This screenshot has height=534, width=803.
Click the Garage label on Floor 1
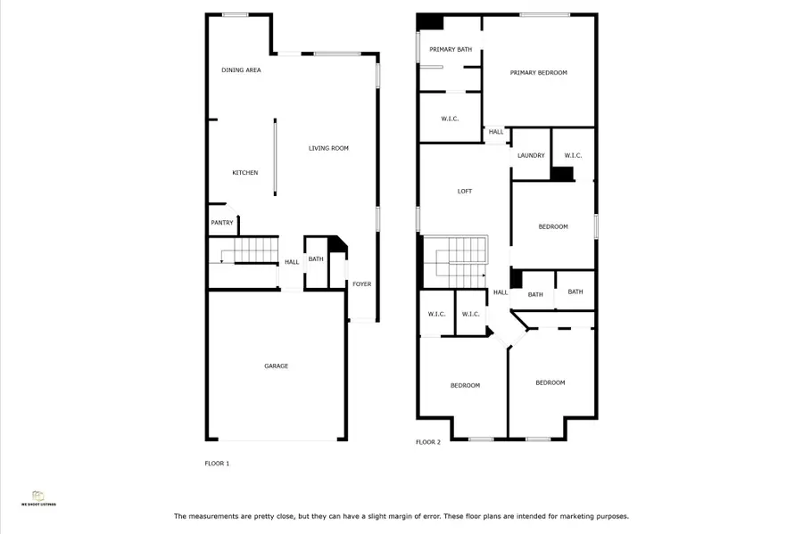tap(276, 366)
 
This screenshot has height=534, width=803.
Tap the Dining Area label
tap(241, 70)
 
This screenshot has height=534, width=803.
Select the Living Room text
tap(328, 148)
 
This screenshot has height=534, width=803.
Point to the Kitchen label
tap(245, 172)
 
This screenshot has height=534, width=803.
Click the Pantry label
tap(222, 222)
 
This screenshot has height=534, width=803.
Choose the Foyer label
tap(361, 283)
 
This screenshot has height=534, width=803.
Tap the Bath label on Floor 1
tap(316, 259)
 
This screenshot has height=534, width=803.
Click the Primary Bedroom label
tap(538, 72)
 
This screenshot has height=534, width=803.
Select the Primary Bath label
tap(451, 49)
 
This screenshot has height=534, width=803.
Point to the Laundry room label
tap(531, 155)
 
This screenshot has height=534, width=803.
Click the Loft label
tap(465, 191)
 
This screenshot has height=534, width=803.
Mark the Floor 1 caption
tap(217, 464)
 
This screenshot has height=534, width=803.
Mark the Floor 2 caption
tap(428, 442)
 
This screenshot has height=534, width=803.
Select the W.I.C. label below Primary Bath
tap(450, 118)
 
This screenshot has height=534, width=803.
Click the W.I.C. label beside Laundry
tap(573, 155)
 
